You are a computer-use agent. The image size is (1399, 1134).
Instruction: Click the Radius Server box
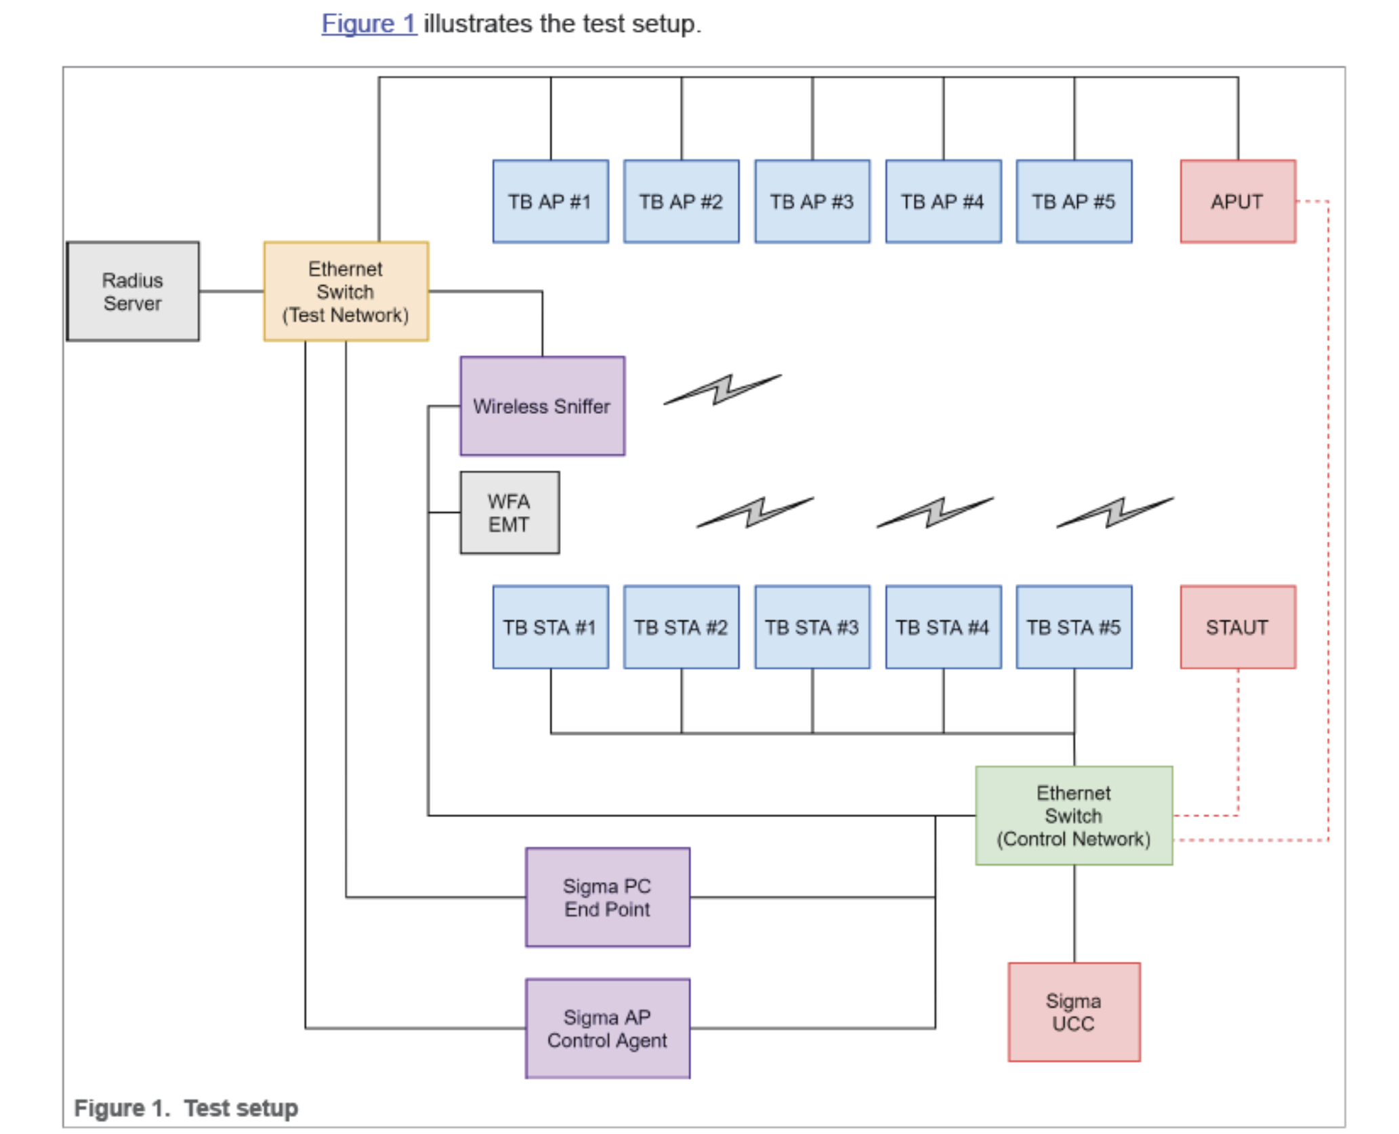(x=133, y=291)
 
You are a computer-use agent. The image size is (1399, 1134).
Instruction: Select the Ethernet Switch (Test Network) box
(x=346, y=291)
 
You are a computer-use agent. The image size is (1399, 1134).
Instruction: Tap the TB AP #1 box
(x=550, y=201)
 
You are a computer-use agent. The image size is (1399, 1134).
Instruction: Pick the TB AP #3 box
(x=812, y=201)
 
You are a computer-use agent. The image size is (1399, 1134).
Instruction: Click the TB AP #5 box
(x=1073, y=201)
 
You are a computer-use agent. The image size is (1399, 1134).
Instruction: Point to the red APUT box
(x=1237, y=201)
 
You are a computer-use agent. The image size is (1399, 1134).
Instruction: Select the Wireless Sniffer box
(x=542, y=406)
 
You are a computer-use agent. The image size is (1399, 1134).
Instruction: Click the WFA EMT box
(x=509, y=513)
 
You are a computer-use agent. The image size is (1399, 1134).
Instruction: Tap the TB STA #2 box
(x=681, y=627)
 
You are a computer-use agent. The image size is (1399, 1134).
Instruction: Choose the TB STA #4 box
(x=942, y=627)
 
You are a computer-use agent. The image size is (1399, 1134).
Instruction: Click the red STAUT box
(x=1237, y=627)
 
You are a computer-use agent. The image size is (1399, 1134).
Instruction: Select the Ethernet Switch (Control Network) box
(x=1073, y=816)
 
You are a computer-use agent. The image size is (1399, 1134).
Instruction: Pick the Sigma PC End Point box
(x=607, y=897)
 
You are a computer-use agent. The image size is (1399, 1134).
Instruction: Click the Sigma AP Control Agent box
(x=607, y=1028)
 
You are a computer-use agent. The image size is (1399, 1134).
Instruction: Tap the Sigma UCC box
(x=1073, y=1012)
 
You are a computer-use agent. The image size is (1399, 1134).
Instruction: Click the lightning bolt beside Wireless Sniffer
(x=722, y=390)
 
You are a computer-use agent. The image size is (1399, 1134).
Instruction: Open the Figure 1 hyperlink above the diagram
(x=369, y=24)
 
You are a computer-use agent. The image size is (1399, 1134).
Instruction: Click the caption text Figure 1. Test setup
(x=186, y=1108)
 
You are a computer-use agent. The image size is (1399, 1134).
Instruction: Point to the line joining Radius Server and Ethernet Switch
(x=231, y=291)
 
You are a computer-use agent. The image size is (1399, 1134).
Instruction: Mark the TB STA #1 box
(x=550, y=627)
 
